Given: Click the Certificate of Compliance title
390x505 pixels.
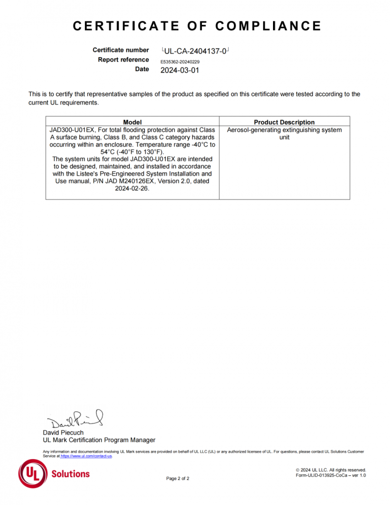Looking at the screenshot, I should click(197, 26).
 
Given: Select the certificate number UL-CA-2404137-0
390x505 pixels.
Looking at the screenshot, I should click(195, 50).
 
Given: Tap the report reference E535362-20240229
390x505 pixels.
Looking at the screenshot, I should click(180, 62).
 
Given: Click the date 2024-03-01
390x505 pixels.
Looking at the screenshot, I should click(180, 70).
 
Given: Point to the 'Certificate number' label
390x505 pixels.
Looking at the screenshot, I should click(120, 50).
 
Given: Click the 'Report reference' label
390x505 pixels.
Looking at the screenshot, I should click(123, 60).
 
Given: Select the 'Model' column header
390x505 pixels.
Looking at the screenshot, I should click(132, 122).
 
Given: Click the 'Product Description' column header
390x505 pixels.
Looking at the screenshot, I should click(284, 122).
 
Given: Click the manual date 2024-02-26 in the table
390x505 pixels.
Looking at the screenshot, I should click(132, 188).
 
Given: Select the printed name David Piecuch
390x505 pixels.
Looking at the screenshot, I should click(63, 432).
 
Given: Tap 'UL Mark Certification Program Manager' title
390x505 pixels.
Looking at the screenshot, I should click(99, 440).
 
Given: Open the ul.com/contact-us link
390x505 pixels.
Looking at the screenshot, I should click(86, 456).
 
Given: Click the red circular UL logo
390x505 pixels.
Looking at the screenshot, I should click(33, 474).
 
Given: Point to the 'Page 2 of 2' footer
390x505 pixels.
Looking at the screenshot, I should click(177, 478).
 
